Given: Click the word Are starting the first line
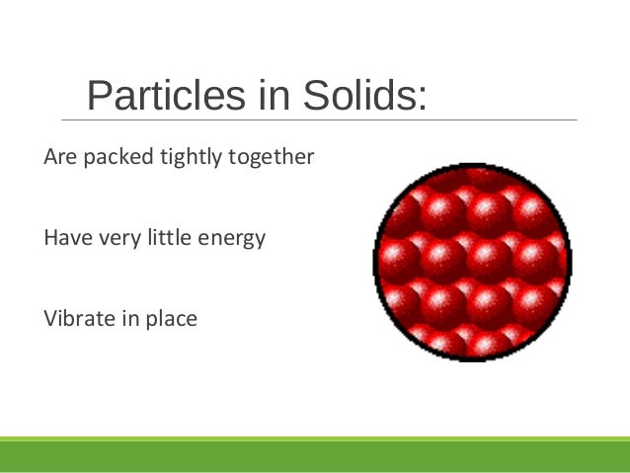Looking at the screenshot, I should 59,157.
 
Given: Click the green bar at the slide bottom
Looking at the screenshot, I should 315,454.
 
